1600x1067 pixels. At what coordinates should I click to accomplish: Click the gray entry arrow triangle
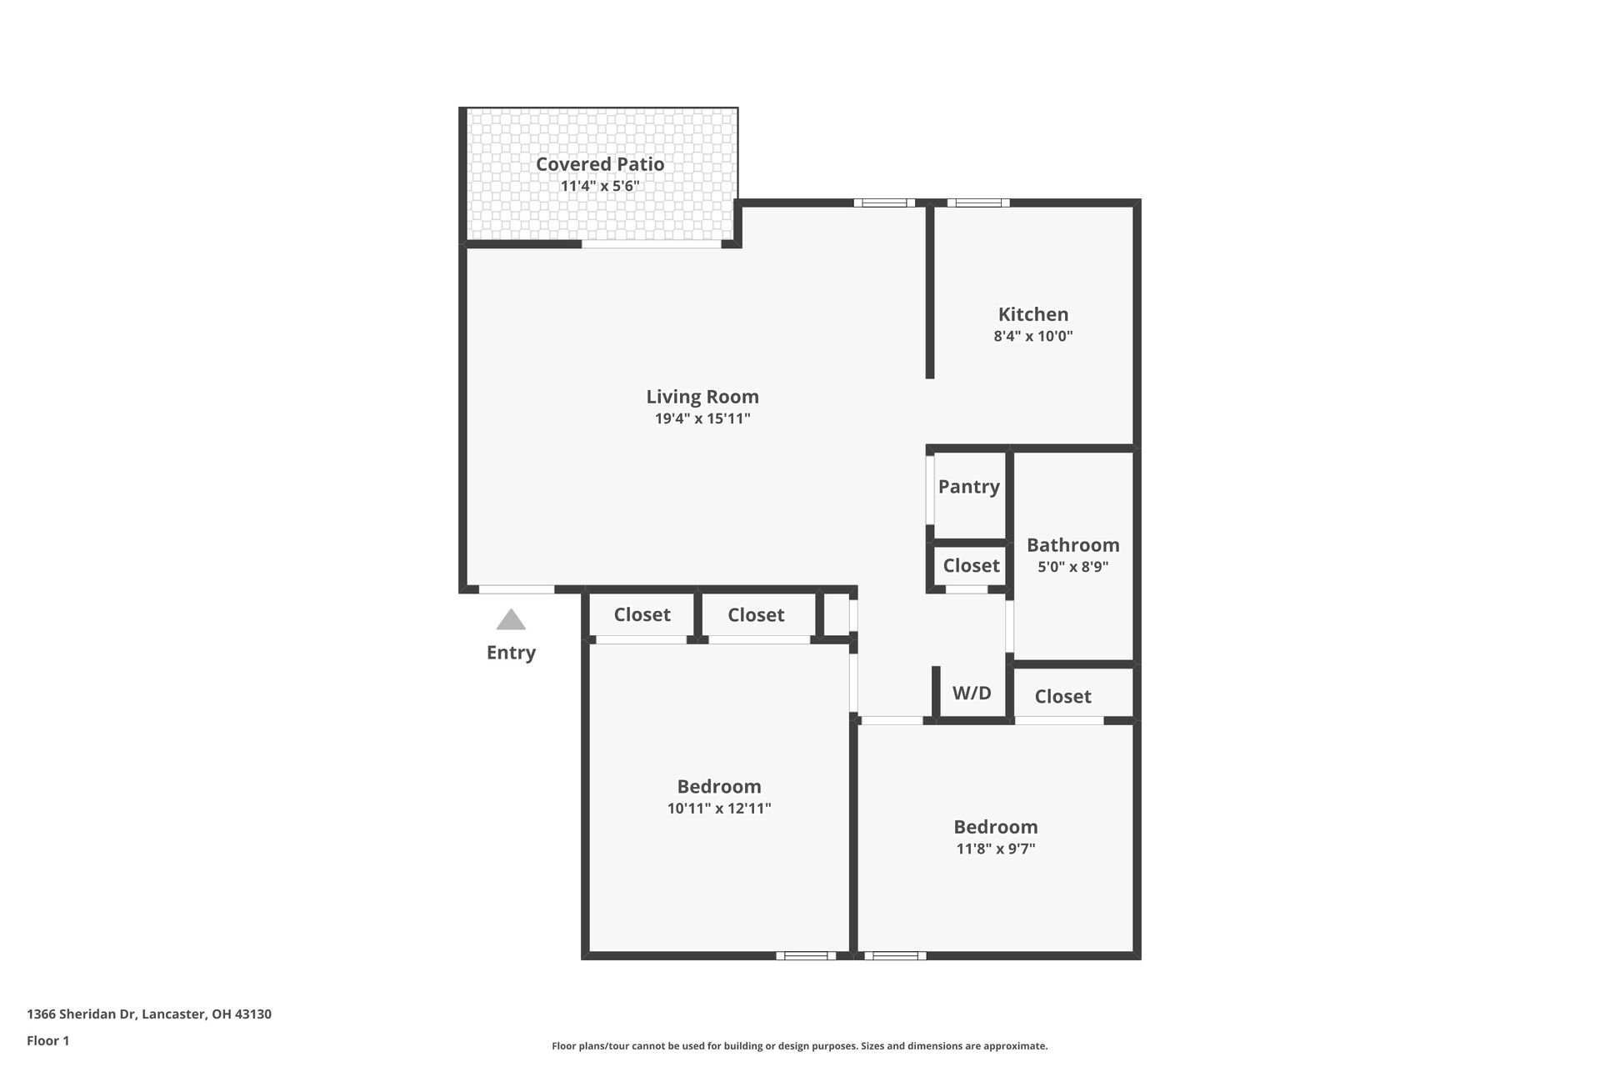point(511,620)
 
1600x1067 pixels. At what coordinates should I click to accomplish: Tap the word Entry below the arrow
point(511,653)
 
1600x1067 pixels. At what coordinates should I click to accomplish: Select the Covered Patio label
point(599,164)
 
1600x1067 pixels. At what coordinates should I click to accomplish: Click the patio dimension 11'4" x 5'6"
point(599,186)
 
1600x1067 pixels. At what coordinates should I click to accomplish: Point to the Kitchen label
point(1032,314)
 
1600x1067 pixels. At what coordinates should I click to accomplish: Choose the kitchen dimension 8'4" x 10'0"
point(1032,337)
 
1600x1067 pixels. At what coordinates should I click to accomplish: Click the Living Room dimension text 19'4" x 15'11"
point(702,418)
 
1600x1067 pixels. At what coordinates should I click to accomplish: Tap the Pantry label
point(968,487)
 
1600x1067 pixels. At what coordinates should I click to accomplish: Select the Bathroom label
point(1072,545)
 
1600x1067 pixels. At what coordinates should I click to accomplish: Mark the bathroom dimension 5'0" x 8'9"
point(1072,567)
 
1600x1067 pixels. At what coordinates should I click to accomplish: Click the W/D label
point(972,693)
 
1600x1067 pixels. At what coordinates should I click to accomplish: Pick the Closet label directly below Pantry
point(971,566)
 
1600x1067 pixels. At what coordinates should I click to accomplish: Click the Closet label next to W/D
point(1062,697)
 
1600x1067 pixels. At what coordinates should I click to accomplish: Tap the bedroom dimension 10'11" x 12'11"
point(718,809)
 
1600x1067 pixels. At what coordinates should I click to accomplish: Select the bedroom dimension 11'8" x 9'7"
point(995,849)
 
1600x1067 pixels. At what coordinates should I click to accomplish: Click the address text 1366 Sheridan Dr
point(149,1014)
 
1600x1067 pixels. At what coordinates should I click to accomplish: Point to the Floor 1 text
point(47,1041)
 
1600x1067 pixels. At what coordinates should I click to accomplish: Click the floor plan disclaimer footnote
point(799,1046)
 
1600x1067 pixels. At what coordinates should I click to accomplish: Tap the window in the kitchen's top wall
point(977,203)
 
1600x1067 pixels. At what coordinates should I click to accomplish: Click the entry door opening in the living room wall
point(517,589)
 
